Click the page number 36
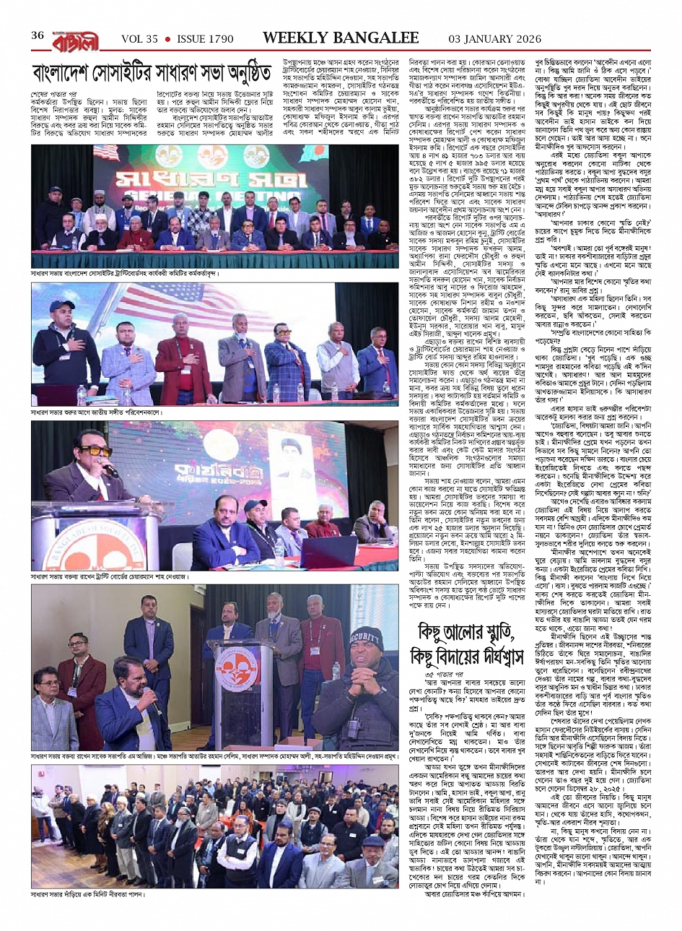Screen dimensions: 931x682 (x=38, y=36)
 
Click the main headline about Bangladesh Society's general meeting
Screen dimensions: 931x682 (x=152, y=74)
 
